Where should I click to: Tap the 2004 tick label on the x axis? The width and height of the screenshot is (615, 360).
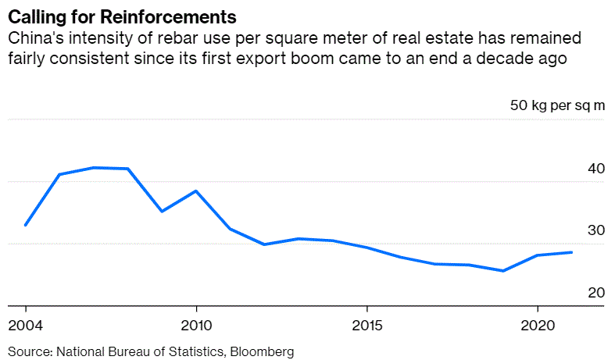[x=26, y=324]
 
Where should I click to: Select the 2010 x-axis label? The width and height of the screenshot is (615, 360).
[x=195, y=324]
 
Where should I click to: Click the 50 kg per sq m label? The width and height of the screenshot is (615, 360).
[x=557, y=105]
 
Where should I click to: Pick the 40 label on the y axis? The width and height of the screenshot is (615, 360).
[x=594, y=168]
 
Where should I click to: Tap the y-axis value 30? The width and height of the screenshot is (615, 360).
[x=594, y=230]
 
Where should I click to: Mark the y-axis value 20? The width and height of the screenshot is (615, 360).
[x=594, y=293]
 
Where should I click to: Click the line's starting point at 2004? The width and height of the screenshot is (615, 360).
[x=26, y=225]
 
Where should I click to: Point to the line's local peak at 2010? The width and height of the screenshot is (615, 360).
[x=195, y=191]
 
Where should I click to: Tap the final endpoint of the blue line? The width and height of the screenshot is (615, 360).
[x=571, y=252]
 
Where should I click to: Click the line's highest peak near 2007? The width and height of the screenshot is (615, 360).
[x=94, y=167]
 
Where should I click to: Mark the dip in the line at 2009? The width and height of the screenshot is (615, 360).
[x=162, y=212]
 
